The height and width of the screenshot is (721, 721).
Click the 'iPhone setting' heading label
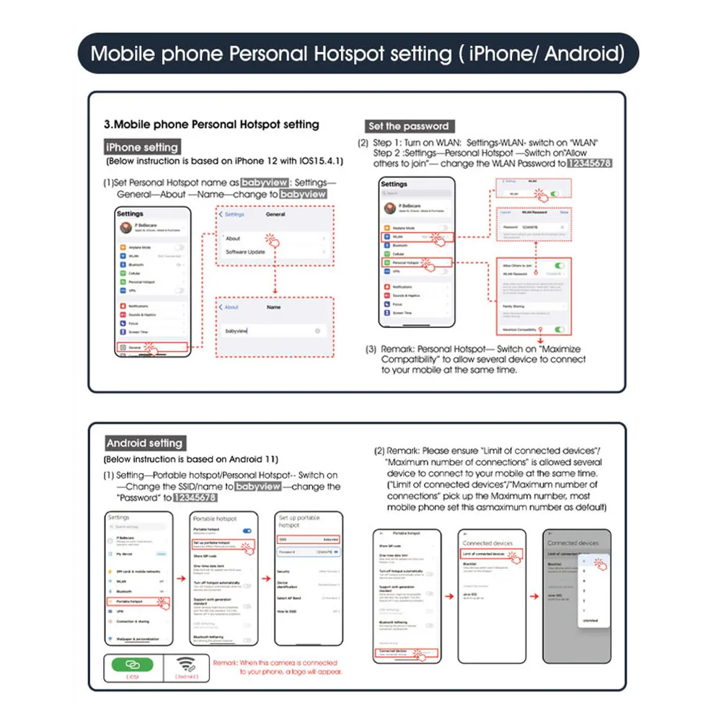point(142,147)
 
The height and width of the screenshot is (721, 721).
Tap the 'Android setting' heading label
point(144,443)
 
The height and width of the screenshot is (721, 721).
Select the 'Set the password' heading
point(408,126)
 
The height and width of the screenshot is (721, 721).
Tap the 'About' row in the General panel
point(233,238)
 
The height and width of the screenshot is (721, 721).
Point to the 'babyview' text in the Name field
point(236,330)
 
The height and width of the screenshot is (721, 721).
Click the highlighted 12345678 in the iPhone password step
point(589,164)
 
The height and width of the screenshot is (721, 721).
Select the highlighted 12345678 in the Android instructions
point(190,497)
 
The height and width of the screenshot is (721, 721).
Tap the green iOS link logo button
point(132,664)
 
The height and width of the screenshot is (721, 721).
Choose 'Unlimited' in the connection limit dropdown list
point(590,620)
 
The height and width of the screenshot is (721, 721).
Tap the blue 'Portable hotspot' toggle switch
point(247,530)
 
